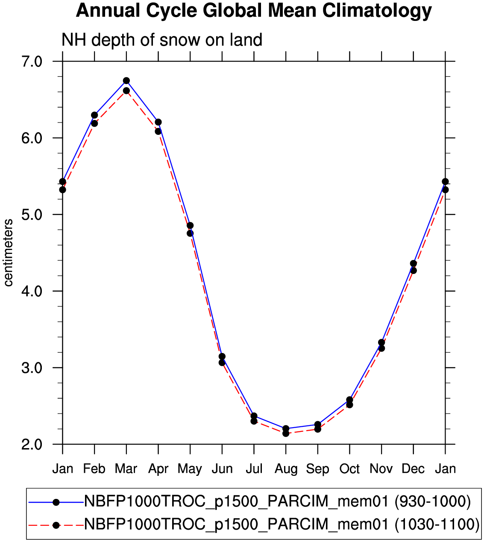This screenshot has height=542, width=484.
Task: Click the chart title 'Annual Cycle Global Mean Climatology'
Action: point(254,11)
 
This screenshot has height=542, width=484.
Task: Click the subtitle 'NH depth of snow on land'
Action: point(162,40)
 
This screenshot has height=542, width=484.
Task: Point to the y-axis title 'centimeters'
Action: point(8,253)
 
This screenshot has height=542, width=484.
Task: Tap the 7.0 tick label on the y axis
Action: point(32,62)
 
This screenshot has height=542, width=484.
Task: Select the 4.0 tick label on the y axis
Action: point(32,291)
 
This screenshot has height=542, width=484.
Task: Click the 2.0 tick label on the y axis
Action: point(32,444)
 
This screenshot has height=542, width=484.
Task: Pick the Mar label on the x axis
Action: point(126,469)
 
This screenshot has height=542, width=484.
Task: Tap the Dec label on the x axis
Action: point(413,469)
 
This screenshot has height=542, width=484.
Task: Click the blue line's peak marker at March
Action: point(126,81)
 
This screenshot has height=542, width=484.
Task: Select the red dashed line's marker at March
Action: point(126,91)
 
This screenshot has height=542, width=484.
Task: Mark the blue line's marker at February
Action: point(94,115)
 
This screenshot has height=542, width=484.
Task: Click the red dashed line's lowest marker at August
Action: point(286,433)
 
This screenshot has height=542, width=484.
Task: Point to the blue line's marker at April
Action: point(158,122)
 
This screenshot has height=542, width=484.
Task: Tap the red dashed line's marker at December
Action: point(413,271)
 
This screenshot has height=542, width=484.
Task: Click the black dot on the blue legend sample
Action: point(56,502)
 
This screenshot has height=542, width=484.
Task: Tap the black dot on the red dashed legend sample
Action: point(56,525)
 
